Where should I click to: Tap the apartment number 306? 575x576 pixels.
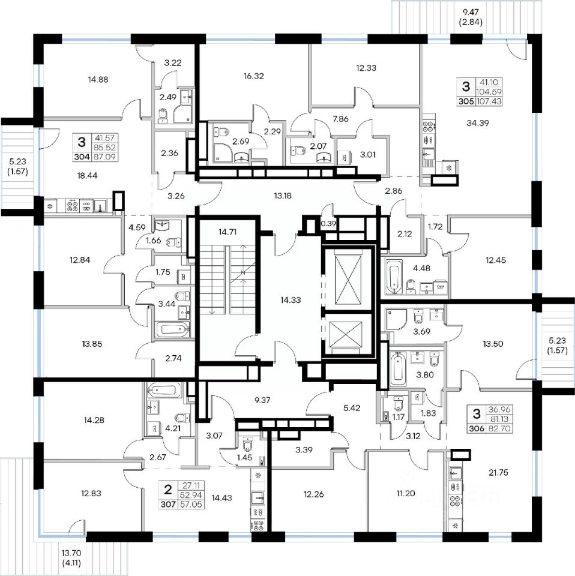[x=476, y=429]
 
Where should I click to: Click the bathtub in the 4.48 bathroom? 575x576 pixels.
[x=393, y=276]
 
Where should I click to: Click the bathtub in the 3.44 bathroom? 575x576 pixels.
[x=172, y=329]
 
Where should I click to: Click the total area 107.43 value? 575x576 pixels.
[x=489, y=102]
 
